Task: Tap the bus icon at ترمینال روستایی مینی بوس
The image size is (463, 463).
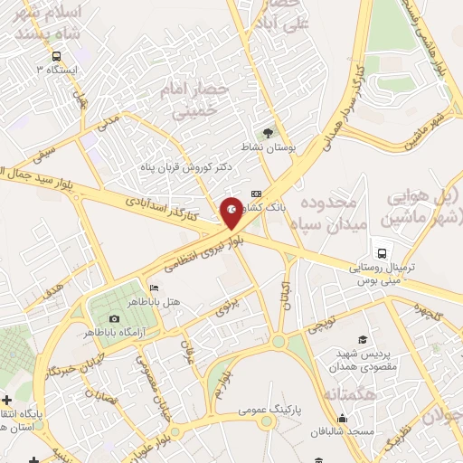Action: [x=383, y=253]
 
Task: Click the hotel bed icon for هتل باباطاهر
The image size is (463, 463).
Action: [x=153, y=288]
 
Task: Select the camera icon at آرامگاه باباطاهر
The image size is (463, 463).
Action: [x=114, y=318]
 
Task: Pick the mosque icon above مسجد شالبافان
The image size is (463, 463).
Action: [x=343, y=418]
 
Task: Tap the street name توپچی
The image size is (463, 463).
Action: [x=323, y=324]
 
